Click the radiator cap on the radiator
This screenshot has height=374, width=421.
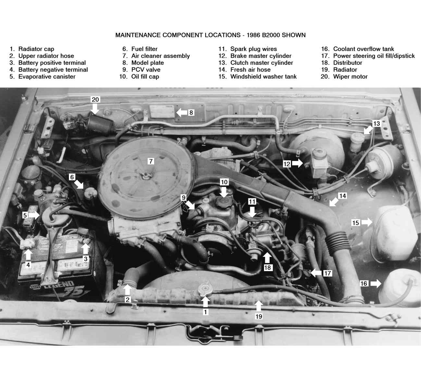coord(205,288)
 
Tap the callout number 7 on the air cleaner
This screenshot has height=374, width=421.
coord(151,161)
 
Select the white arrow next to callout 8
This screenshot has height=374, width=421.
coord(182,113)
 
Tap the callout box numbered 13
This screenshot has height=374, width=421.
coord(376,124)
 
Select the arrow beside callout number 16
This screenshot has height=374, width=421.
coord(376,283)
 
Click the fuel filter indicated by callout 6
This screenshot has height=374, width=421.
coord(91,193)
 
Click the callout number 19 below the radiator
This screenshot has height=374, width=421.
coord(259,317)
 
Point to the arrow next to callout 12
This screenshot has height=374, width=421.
coord(297,163)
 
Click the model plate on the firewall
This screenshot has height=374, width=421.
coord(162,111)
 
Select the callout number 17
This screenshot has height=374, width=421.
coord(327,273)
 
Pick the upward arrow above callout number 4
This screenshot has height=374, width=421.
coord(28,255)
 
